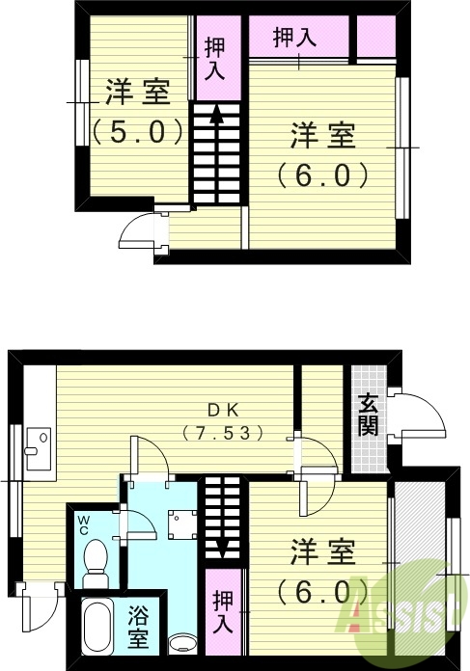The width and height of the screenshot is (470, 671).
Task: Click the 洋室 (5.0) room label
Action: tap(138, 112)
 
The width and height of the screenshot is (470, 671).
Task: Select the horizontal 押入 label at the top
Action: tap(294, 38)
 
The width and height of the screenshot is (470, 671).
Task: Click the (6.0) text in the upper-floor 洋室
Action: tap(323, 175)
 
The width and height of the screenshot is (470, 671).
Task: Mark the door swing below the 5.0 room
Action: tap(137, 232)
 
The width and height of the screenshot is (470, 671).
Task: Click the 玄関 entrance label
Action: tap(367, 416)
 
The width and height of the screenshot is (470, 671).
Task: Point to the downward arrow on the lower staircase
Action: tap(223, 545)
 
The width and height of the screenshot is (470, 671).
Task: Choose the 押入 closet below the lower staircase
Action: tap(222, 610)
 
